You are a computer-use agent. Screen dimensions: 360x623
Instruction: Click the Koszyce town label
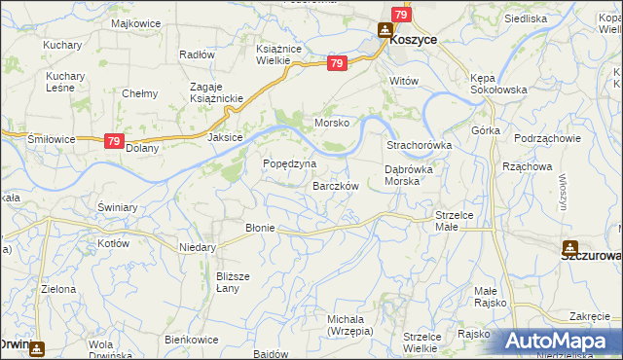click(413, 41)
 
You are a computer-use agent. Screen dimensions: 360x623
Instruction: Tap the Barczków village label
click(337, 186)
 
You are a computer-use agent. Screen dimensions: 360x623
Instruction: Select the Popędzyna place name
click(290, 163)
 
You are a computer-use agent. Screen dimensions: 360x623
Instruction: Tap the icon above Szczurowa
click(570, 247)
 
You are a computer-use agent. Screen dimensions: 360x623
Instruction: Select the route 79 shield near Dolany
click(114, 141)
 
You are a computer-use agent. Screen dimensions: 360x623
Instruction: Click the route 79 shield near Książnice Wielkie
click(336, 64)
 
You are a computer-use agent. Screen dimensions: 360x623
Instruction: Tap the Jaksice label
click(225, 138)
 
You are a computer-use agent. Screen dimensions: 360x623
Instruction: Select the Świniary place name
click(119, 207)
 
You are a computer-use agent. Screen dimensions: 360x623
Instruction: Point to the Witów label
click(403, 81)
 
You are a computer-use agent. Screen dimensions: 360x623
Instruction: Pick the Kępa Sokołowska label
click(496, 82)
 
